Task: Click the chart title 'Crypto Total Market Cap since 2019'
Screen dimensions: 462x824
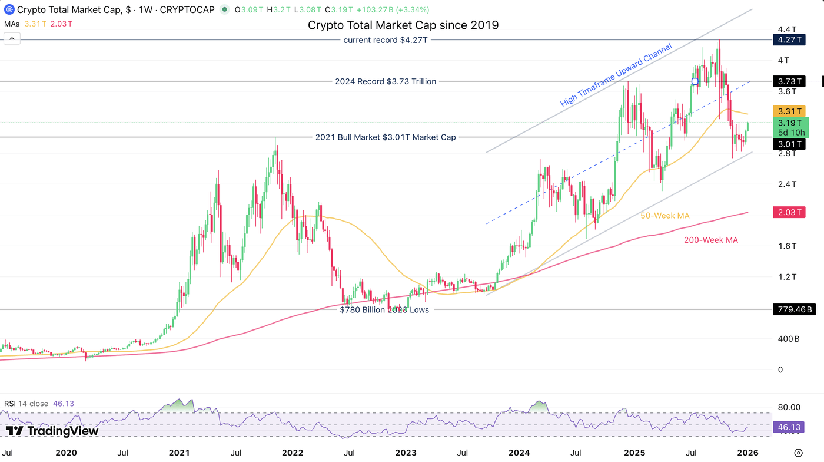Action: click(x=403, y=25)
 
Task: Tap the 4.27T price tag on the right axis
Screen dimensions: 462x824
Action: click(x=788, y=40)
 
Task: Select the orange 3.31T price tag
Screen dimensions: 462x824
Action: click(x=788, y=111)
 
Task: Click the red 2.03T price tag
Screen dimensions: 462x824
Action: click(x=788, y=213)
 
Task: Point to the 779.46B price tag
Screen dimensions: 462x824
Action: click(x=793, y=309)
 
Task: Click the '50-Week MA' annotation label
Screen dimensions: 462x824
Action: click(x=664, y=216)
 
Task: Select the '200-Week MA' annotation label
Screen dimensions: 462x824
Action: click(x=710, y=240)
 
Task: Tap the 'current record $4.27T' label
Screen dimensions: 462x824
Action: click(x=386, y=40)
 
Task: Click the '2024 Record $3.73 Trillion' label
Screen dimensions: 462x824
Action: click(x=386, y=81)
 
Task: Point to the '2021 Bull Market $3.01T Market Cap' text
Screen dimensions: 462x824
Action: click(x=386, y=137)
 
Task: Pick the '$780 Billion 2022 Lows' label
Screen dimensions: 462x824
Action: click(x=384, y=310)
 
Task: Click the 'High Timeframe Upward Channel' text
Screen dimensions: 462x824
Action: click(x=616, y=75)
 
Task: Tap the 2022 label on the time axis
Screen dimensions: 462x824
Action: click(x=293, y=453)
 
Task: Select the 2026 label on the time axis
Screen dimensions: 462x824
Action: click(x=747, y=453)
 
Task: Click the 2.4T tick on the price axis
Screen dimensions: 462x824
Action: click(x=787, y=184)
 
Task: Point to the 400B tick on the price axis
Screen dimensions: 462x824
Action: click(x=788, y=339)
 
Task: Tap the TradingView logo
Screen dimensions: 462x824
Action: click(x=52, y=431)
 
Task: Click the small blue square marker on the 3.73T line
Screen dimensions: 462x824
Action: click(x=695, y=81)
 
